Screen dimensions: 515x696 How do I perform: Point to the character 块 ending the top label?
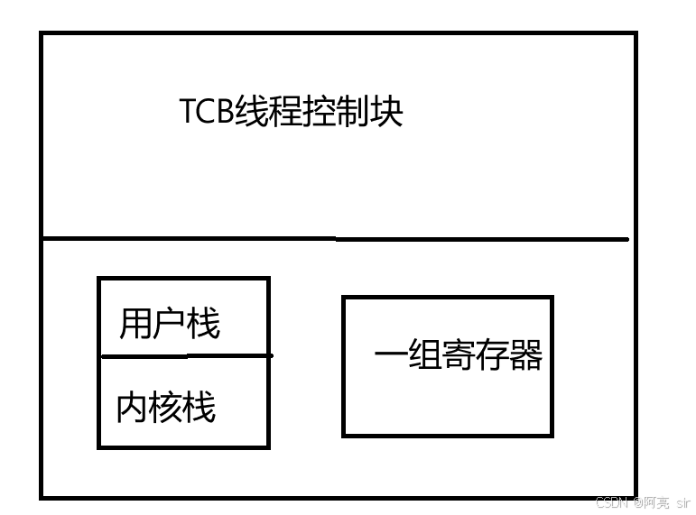coord(385,113)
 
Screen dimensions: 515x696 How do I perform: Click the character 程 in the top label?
coord(285,113)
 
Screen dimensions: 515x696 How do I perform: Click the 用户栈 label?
coord(170,322)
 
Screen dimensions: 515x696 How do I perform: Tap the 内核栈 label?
coord(166,408)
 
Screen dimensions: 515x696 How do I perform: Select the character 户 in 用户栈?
coord(170,322)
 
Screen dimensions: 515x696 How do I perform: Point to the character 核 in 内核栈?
coord(166,408)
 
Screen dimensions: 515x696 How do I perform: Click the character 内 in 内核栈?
coord(133,408)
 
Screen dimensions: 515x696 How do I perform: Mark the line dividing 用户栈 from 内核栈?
coord(185,355)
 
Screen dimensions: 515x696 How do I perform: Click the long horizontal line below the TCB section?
coord(334,239)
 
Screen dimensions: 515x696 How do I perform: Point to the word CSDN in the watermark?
coord(611,501)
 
